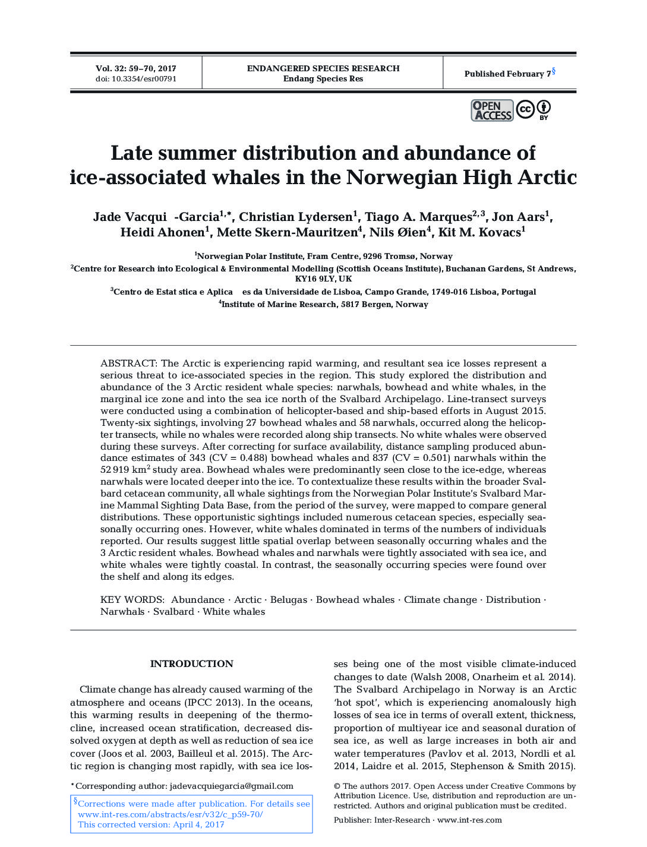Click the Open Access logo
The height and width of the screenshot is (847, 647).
pos(492,110)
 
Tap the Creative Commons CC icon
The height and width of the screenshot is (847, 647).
pos(525,109)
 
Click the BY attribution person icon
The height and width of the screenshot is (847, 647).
pos(544,109)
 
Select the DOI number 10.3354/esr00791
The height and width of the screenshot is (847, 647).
pos(144,79)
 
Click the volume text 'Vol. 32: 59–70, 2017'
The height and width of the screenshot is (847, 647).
pos(136,68)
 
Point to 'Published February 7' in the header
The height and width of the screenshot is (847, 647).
pos(507,74)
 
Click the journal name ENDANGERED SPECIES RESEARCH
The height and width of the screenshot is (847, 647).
pos(323,68)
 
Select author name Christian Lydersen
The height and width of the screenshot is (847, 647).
pos(296,217)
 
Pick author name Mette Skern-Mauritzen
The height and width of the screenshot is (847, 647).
pos(287,232)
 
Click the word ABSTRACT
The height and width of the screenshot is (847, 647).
pos(128,364)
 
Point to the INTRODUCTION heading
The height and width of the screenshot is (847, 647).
pos(191,664)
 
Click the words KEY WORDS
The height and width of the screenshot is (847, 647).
pos(132,600)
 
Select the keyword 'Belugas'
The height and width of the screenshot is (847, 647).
pos(289,600)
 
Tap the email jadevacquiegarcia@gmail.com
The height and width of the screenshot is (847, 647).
pos(231,786)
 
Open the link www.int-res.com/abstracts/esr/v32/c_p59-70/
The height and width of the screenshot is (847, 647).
pos(170,814)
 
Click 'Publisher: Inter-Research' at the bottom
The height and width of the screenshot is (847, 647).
pos(381,820)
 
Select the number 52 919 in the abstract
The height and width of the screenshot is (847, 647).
pos(115,470)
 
